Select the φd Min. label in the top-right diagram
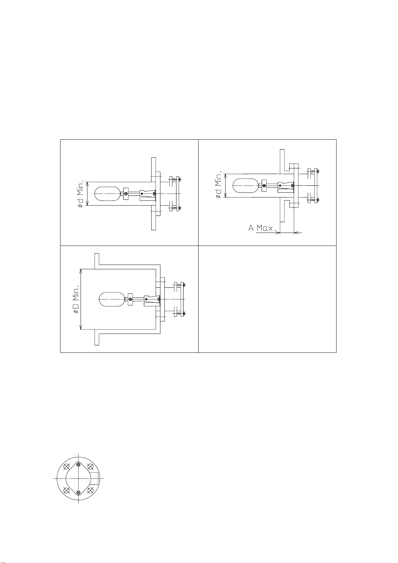point(219,185)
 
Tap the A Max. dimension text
point(262,228)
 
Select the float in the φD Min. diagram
point(112,299)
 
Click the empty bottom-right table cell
point(267,299)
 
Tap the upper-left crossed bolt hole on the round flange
point(67,467)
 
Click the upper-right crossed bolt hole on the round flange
point(90,467)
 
